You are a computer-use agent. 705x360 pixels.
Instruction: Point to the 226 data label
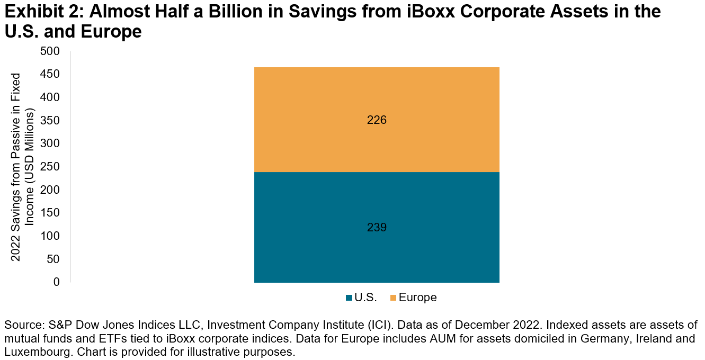pyautogui.click(x=377, y=120)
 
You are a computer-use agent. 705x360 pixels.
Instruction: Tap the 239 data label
pyautogui.click(x=377, y=228)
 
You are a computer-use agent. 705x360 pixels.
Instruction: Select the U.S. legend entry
pyautogui.click(x=361, y=298)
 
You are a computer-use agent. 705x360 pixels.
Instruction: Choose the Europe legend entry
pyautogui.click(x=413, y=298)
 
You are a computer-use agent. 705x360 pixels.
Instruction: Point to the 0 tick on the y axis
pyautogui.click(x=57, y=282)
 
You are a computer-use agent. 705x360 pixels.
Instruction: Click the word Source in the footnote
pyautogui.click(x=21, y=325)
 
